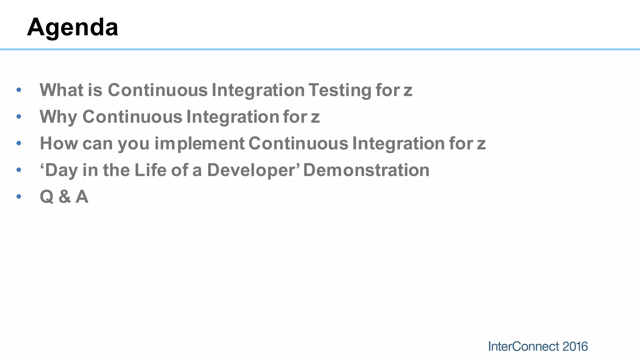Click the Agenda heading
pos(72,27)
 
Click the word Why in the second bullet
pos(58,117)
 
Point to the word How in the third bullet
pos(59,144)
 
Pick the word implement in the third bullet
pos(199,144)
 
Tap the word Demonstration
pos(366,170)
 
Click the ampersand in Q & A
pos(64,197)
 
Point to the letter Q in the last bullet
pos(47,197)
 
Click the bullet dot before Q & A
pos(19,197)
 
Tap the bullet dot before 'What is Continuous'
pos(19,90)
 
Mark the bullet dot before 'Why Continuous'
pos(19,117)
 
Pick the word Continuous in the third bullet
pos(298,144)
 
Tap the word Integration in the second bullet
pos(233,117)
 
